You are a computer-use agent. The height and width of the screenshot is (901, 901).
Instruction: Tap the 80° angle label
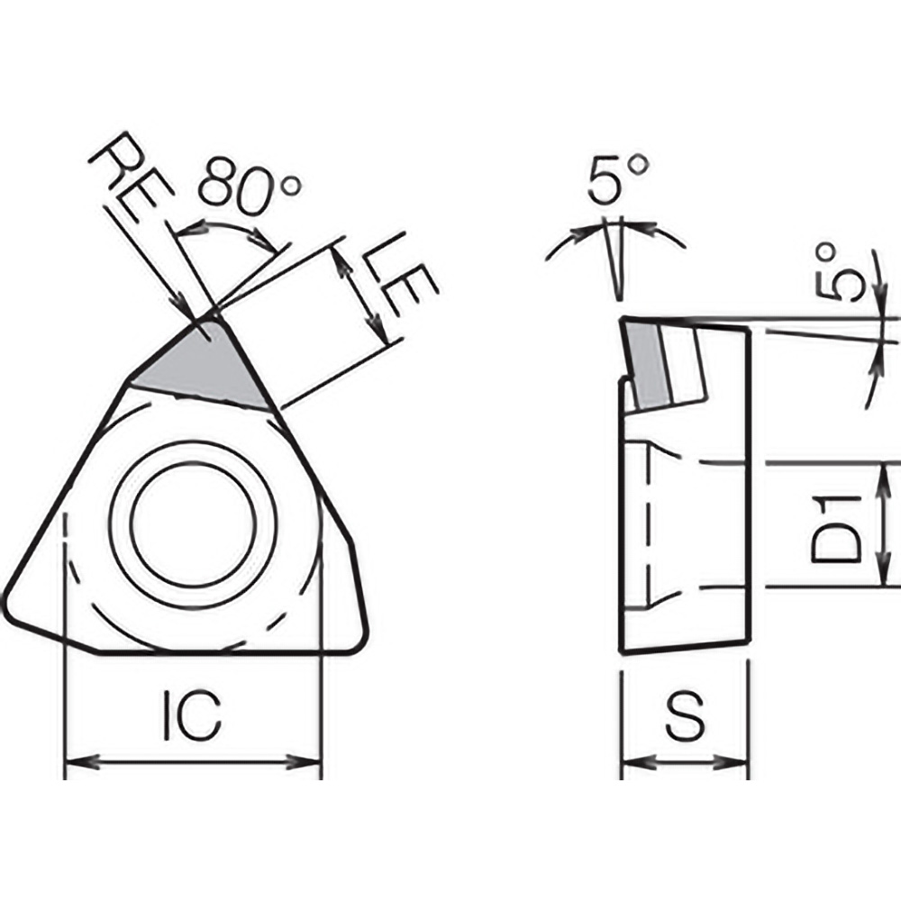coord(249,185)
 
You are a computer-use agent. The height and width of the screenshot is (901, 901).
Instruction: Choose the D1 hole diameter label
coord(833,525)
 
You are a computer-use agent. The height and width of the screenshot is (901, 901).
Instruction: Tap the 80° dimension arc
coord(225,225)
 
